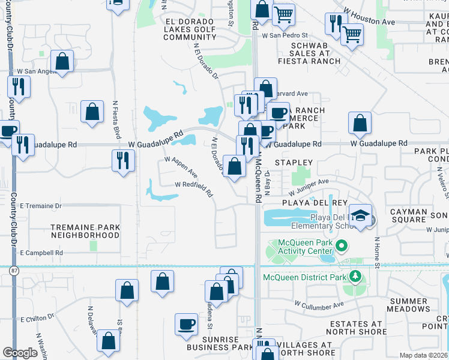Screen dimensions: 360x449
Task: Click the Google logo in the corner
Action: tap(20, 353)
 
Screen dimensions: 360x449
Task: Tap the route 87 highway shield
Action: tap(14, 272)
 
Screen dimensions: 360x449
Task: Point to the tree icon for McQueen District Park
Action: tap(355, 277)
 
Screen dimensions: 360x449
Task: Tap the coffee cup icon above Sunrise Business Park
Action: tap(186, 325)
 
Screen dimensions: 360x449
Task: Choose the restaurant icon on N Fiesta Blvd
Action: tap(122, 160)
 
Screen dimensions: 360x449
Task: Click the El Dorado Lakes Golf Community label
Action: tap(181, 29)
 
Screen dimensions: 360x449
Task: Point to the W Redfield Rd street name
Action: tap(194, 189)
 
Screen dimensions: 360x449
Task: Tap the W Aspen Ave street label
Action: tap(181, 164)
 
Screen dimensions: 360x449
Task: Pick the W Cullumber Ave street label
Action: tap(319, 304)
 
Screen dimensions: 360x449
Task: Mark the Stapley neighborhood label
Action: tap(294, 163)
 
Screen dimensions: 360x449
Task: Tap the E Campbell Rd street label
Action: tap(41, 253)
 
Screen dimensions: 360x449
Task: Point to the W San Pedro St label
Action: tap(285, 35)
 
